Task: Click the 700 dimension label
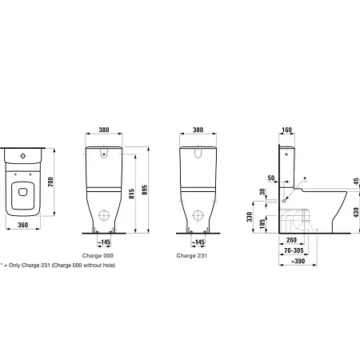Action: [50, 182]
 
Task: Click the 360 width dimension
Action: [23, 225]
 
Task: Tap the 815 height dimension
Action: [131, 194]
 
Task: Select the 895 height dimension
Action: [145, 190]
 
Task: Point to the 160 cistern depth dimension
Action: [286, 130]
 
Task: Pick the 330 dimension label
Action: [250, 217]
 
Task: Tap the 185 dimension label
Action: [262, 223]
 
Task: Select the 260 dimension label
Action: [291, 240]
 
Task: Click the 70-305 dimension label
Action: [294, 250]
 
